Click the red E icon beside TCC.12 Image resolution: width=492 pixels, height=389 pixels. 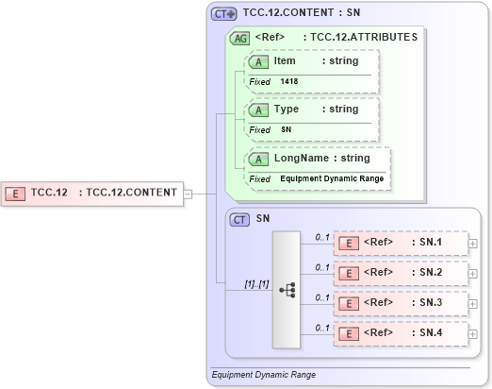(16, 194)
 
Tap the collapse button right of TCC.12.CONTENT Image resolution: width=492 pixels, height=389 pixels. (189, 194)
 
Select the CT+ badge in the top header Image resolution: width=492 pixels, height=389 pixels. (223, 13)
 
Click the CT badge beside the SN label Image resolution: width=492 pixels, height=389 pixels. (239, 219)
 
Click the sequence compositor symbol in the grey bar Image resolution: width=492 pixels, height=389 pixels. (288, 290)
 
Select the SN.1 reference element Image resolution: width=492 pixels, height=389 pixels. (402, 244)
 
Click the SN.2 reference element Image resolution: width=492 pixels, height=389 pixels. (402, 274)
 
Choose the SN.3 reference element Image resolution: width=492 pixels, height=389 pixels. (402, 304)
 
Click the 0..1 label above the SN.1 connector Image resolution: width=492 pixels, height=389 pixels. (321, 236)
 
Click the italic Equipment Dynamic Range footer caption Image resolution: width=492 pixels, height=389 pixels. (264, 375)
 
